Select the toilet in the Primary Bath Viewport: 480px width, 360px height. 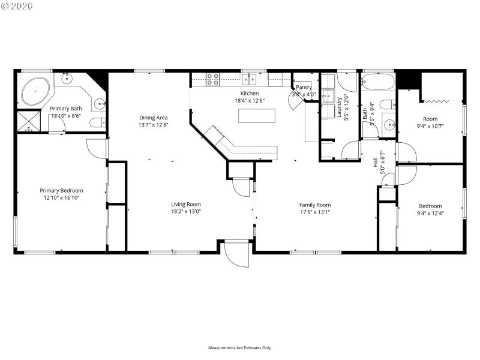[x=97, y=123]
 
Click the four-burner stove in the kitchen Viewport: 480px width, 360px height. [x=213, y=79]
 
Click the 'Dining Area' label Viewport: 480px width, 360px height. [x=153, y=118]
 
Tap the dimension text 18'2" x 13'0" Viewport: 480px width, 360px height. [x=186, y=211]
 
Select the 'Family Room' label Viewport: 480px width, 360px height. [x=315, y=205]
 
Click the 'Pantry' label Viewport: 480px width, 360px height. [x=304, y=88]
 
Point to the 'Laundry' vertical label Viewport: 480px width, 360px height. [x=339, y=106]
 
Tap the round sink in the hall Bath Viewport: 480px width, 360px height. [x=389, y=125]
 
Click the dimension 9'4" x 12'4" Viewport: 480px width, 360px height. [x=430, y=213]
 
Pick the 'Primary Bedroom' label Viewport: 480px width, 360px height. [x=61, y=190]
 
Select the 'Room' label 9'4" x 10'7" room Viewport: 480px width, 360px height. [x=430, y=119]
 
